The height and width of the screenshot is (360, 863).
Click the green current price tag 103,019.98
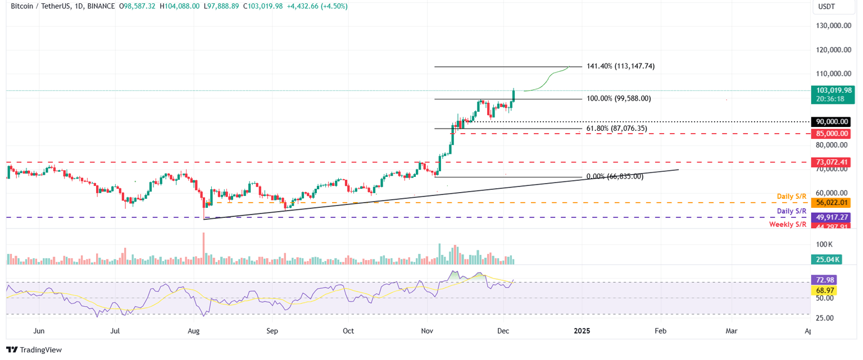click(x=831, y=90)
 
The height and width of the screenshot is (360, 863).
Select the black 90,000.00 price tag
click(x=831, y=122)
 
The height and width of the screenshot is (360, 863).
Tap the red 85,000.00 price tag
click(x=831, y=134)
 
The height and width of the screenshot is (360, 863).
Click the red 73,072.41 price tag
click(x=831, y=162)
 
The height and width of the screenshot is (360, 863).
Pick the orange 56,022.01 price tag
click(x=831, y=203)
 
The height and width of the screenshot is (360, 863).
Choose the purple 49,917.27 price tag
click(x=831, y=217)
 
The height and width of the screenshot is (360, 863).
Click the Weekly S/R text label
click(x=788, y=225)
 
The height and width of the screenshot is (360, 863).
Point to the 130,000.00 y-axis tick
click(x=834, y=26)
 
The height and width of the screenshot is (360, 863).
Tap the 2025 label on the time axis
click(x=582, y=331)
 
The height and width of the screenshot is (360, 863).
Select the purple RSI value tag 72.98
click(x=823, y=280)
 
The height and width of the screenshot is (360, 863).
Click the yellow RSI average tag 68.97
click(x=823, y=290)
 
